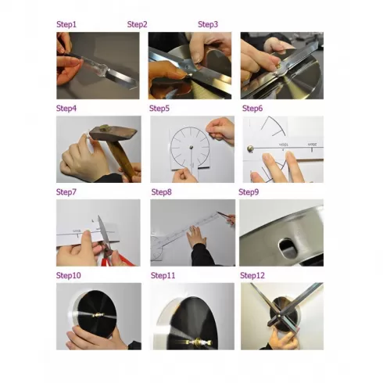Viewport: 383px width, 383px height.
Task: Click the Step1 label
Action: (x=67, y=24)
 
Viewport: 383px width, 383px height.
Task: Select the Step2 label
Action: (x=138, y=24)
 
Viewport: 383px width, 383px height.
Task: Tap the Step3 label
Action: (x=208, y=24)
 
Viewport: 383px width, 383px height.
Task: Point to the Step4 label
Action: (x=67, y=108)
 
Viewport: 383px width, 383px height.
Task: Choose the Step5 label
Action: (x=159, y=108)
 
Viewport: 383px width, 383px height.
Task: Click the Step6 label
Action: (x=252, y=108)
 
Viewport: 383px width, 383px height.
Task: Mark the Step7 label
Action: (x=67, y=191)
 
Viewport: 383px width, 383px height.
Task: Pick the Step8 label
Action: (x=161, y=191)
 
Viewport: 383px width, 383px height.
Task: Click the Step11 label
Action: (x=163, y=275)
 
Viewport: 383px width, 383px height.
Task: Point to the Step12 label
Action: (x=253, y=275)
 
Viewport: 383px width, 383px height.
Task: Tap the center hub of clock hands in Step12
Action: (x=279, y=314)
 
